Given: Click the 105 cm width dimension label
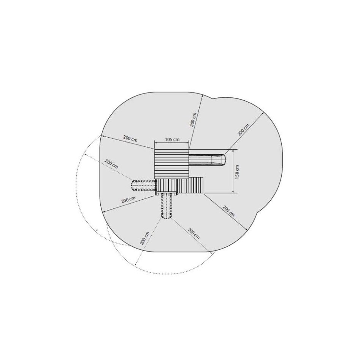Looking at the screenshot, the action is [x=172, y=140].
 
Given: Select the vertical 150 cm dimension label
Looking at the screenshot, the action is [x=237, y=172].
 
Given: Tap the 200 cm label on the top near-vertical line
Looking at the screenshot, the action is [x=193, y=120].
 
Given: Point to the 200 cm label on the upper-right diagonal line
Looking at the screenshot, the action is [x=243, y=130].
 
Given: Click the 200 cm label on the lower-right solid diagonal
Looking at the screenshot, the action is [x=229, y=211].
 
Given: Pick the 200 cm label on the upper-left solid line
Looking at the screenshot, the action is [x=130, y=138].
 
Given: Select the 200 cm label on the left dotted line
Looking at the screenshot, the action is [x=111, y=164].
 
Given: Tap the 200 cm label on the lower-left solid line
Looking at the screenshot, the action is [x=128, y=200].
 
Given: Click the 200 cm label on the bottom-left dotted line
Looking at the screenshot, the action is [x=144, y=238].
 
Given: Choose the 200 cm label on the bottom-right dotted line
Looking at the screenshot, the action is [x=193, y=233].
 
